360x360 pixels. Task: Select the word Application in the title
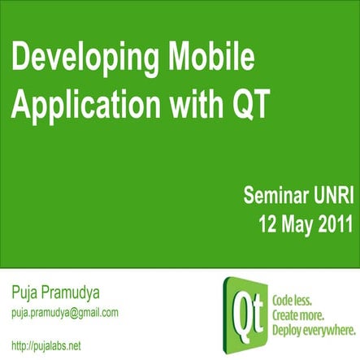tap(78, 103)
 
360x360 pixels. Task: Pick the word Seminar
tap(275, 196)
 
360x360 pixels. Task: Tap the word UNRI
tap(328, 196)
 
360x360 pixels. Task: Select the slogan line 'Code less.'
tap(297, 297)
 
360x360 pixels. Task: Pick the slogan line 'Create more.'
tap(301, 314)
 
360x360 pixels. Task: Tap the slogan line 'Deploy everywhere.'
tap(314, 329)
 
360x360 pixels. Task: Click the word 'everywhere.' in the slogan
tap(331, 329)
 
